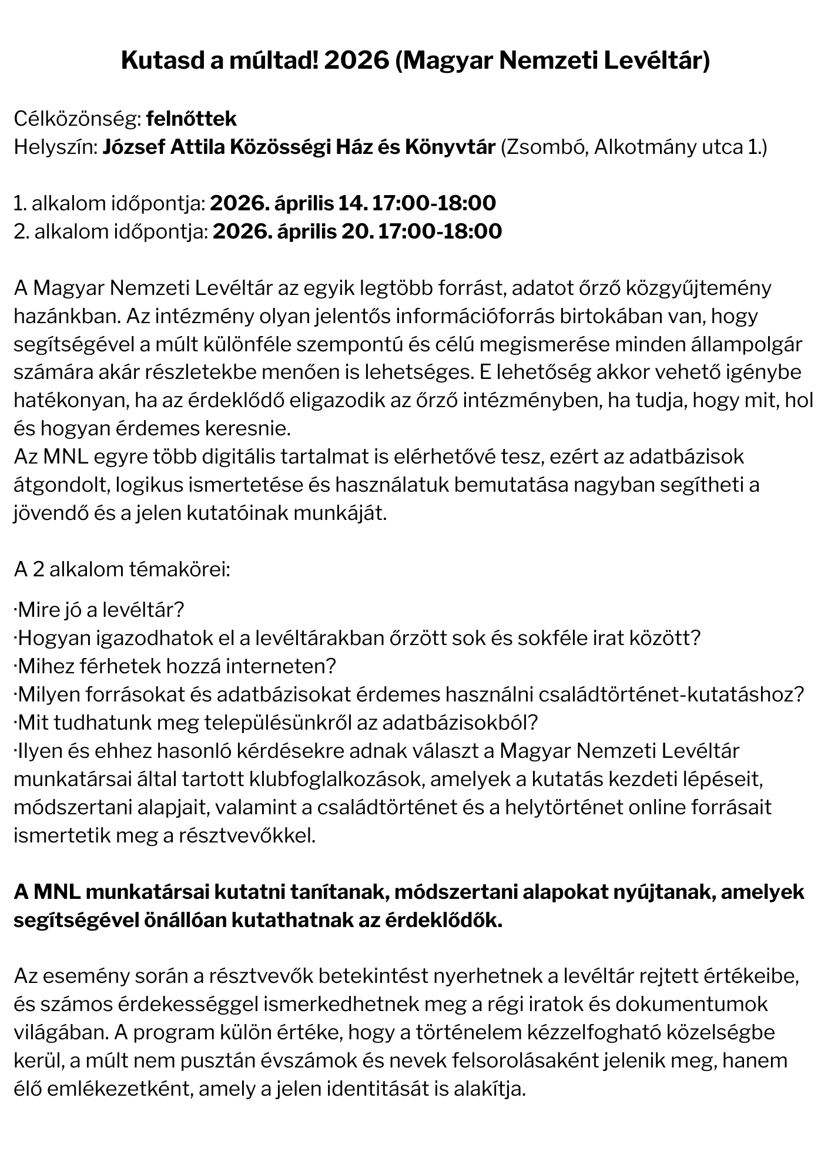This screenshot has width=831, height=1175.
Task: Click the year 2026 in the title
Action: (x=356, y=61)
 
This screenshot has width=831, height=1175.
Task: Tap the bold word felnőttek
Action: (x=191, y=119)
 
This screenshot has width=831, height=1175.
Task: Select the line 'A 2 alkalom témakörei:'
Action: (x=122, y=570)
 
